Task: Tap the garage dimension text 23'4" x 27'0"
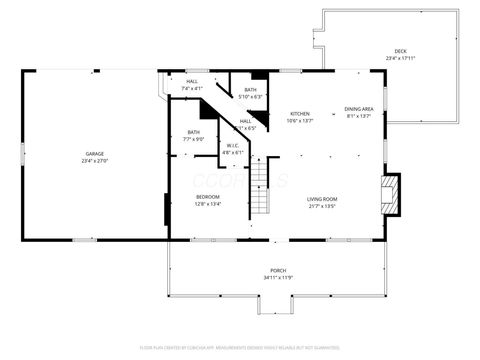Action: pos(94,161)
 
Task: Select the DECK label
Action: pos(400,51)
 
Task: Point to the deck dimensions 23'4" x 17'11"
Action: pos(400,59)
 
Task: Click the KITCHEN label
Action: pos(300,113)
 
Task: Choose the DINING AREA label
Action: pos(359,108)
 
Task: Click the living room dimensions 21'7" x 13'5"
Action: pos(321,206)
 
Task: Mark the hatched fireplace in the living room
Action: pos(393,193)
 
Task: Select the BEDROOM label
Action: pos(207,196)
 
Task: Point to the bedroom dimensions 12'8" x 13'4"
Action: pos(207,204)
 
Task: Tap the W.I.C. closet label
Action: pos(231,145)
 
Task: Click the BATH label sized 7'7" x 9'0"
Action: pos(193,132)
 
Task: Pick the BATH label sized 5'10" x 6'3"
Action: pos(250,90)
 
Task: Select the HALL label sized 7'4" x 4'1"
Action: pos(191,81)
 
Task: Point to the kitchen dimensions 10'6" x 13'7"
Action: pos(300,121)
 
